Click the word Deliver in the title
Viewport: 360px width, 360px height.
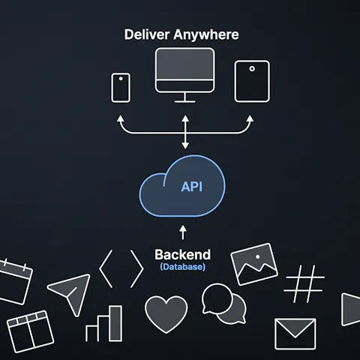[147, 34]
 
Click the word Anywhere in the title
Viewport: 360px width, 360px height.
[206, 35]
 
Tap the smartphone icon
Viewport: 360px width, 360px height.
[121, 88]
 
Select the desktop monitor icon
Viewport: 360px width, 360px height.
[184, 75]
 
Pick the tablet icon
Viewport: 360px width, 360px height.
[252, 81]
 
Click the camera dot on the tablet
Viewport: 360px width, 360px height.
[252, 68]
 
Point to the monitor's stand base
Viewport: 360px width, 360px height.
[184, 101]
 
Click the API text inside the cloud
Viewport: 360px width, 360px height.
[192, 187]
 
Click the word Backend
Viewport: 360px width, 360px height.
[183, 255]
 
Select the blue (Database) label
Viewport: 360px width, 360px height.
[183, 267]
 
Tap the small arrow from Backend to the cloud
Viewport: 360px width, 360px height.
[183, 232]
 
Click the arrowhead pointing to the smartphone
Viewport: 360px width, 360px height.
[121, 118]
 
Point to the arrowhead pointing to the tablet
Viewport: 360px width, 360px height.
[250, 118]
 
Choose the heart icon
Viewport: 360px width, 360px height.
[166, 313]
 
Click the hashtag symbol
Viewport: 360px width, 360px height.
[304, 283]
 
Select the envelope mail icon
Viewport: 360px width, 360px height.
[295, 334]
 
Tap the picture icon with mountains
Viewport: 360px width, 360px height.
[254, 264]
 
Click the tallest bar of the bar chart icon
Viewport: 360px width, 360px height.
[115, 323]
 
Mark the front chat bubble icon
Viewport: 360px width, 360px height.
[217, 298]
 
